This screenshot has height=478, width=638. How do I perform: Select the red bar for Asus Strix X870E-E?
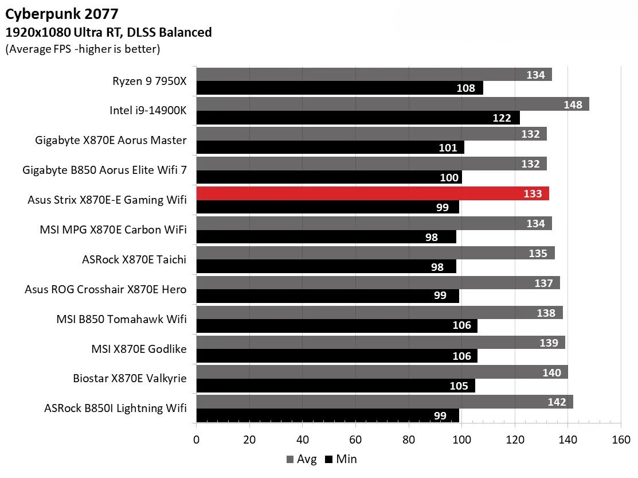pos(373,193)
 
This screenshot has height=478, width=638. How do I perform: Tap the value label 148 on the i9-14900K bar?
pos(572,104)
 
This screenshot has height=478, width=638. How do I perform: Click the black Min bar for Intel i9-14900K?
pos(358,118)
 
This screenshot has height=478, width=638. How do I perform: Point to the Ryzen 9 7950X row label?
pos(149,80)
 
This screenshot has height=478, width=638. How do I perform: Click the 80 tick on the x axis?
pos(408,440)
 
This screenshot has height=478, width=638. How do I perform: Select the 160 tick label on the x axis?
pos(620,440)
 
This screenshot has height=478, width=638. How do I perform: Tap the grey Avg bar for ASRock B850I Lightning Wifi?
pos(384,402)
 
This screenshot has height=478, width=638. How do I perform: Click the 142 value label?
pos(557,402)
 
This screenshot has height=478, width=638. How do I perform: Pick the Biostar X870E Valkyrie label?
pos(130,378)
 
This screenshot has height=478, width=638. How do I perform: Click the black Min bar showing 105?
pos(335,386)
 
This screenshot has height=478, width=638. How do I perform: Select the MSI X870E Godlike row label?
pos(139,348)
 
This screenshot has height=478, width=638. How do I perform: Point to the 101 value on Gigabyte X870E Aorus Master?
pos(448,148)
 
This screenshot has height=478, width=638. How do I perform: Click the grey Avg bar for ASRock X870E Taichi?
pos(375,253)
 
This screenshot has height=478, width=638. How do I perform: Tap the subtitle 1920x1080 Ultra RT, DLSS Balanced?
pos(108,33)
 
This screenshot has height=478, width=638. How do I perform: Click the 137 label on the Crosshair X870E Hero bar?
pos(543,283)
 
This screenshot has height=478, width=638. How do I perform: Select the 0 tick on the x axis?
pos(197,440)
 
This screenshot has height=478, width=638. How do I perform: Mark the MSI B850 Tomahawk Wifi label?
pos(121,319)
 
